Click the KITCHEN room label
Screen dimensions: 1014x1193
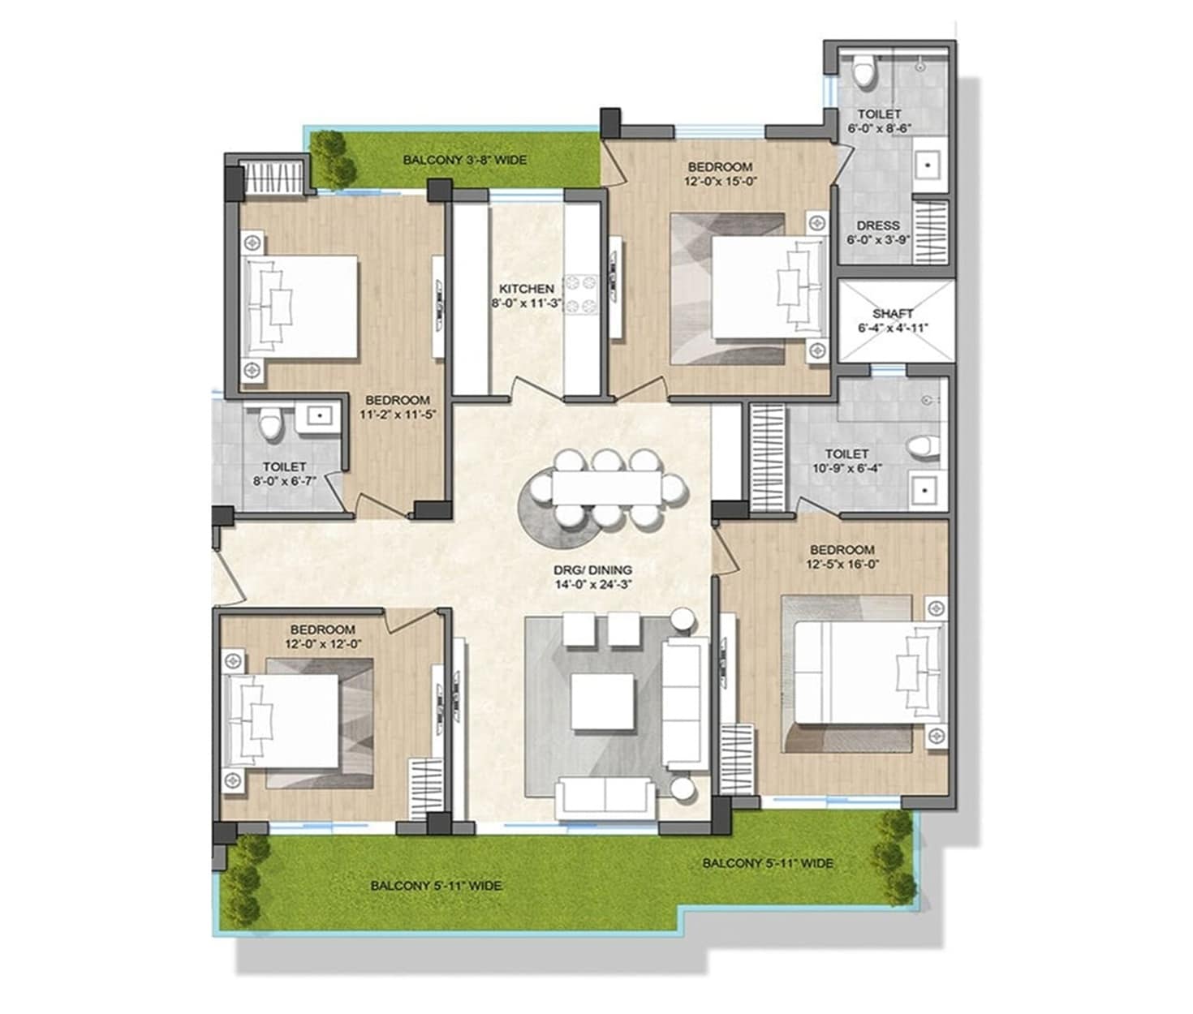[x=526, y=289]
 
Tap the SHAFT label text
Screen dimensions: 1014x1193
[x=893, y=313]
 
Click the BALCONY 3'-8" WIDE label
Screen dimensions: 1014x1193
[x=464, y=160]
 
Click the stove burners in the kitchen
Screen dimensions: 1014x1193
[x=581, y=294]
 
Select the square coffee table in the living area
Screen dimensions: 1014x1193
[x=601, y=702]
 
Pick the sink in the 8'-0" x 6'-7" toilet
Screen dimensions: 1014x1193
[x=319, y=416]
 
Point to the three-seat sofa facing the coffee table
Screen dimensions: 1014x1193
[x=683, y=702]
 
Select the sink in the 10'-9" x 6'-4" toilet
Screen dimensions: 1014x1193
[x=924, y=489]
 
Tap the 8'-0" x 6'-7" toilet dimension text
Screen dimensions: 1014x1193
[x=284, y=480]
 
